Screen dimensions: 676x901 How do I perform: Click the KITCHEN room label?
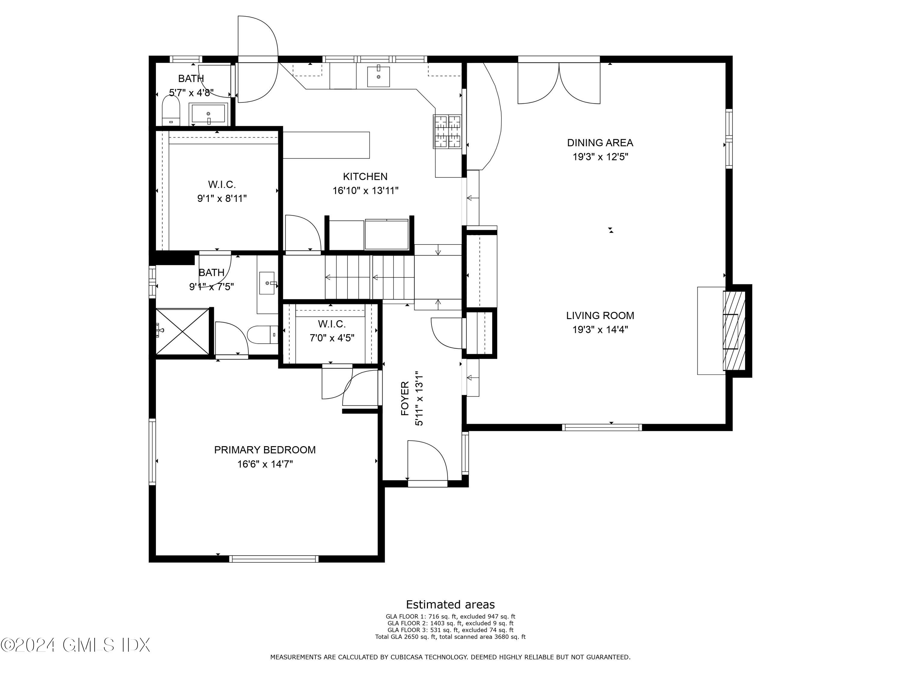pyautogui.click(x=365, y=176)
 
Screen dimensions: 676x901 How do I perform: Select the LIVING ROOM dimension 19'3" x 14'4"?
pyautogui.click(x=600, y=329)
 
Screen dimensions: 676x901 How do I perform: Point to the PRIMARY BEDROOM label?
pyautogui.click(x=265, y=449)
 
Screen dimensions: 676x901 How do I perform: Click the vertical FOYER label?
pyautogui.click(x=405, y=398)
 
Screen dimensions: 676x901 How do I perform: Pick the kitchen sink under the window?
pyautogui.click(x=378, y=77)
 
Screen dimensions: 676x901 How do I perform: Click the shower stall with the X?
pyautogui.click(x=182, y=331)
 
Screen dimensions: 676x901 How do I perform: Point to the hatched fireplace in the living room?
pyautogui.click(x=734, y=330)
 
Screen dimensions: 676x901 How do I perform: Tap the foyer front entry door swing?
pyautogui.click(x=427, y=461)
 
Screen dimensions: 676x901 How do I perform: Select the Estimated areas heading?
pyautogui.click(x=450, y=604)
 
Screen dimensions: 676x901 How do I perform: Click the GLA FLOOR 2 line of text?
pyautogui.click(x=450, y=623)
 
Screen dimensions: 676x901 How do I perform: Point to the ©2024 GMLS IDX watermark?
pyautogui.click(x=75, y=645)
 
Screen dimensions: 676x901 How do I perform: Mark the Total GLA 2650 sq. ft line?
pyautogui.click(x=450, y=636)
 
